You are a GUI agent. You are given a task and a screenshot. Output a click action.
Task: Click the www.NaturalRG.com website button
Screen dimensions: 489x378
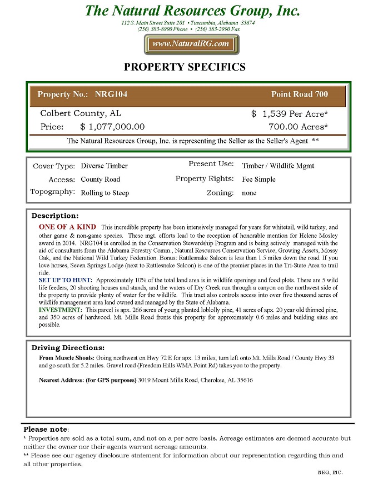point(191,44)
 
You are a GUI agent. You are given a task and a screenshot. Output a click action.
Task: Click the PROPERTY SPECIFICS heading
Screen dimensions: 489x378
point(184,67)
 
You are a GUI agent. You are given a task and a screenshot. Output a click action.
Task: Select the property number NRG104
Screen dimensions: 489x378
point(111,94)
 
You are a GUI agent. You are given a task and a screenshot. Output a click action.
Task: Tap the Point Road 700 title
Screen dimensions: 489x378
point(300,94)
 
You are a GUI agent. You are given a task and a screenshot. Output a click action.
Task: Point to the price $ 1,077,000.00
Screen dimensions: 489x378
point(112,127)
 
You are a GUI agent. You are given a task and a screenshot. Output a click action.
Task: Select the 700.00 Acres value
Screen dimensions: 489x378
point(298,127)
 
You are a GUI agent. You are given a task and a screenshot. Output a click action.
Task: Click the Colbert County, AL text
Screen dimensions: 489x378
point(81,113)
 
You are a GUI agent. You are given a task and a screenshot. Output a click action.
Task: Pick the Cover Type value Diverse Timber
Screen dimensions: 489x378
point(104,166)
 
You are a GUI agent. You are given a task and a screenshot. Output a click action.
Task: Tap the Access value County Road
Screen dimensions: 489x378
point(100,179)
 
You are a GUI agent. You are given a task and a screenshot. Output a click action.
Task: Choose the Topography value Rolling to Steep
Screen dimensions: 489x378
point(105,193)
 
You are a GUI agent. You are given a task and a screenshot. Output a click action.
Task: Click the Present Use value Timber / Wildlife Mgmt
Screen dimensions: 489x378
point(278,166)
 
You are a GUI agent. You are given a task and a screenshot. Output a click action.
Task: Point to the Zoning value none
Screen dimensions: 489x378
point(249,193)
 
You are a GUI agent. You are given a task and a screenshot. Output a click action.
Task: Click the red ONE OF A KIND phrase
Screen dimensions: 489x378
point(67,227)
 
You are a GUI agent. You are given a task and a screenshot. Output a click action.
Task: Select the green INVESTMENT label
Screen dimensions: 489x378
point(61,309)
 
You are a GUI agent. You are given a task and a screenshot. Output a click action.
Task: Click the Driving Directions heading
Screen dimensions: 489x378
point(68,348)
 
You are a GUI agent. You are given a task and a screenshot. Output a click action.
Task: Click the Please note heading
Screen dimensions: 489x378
point(45,430)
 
